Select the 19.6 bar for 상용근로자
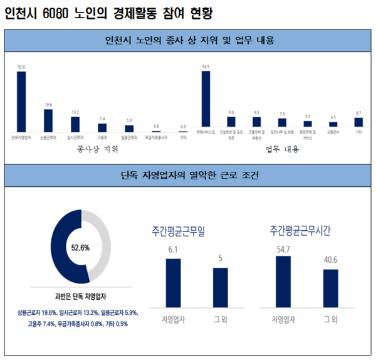click(x=48, y=119)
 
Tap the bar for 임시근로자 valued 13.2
click(x=75, y=124)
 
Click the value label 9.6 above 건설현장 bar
click(x=231, y=112)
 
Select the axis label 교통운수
click(x=333, y=133)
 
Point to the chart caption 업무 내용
click(x=282, y=150)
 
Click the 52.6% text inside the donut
click(x=79, y=247)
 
